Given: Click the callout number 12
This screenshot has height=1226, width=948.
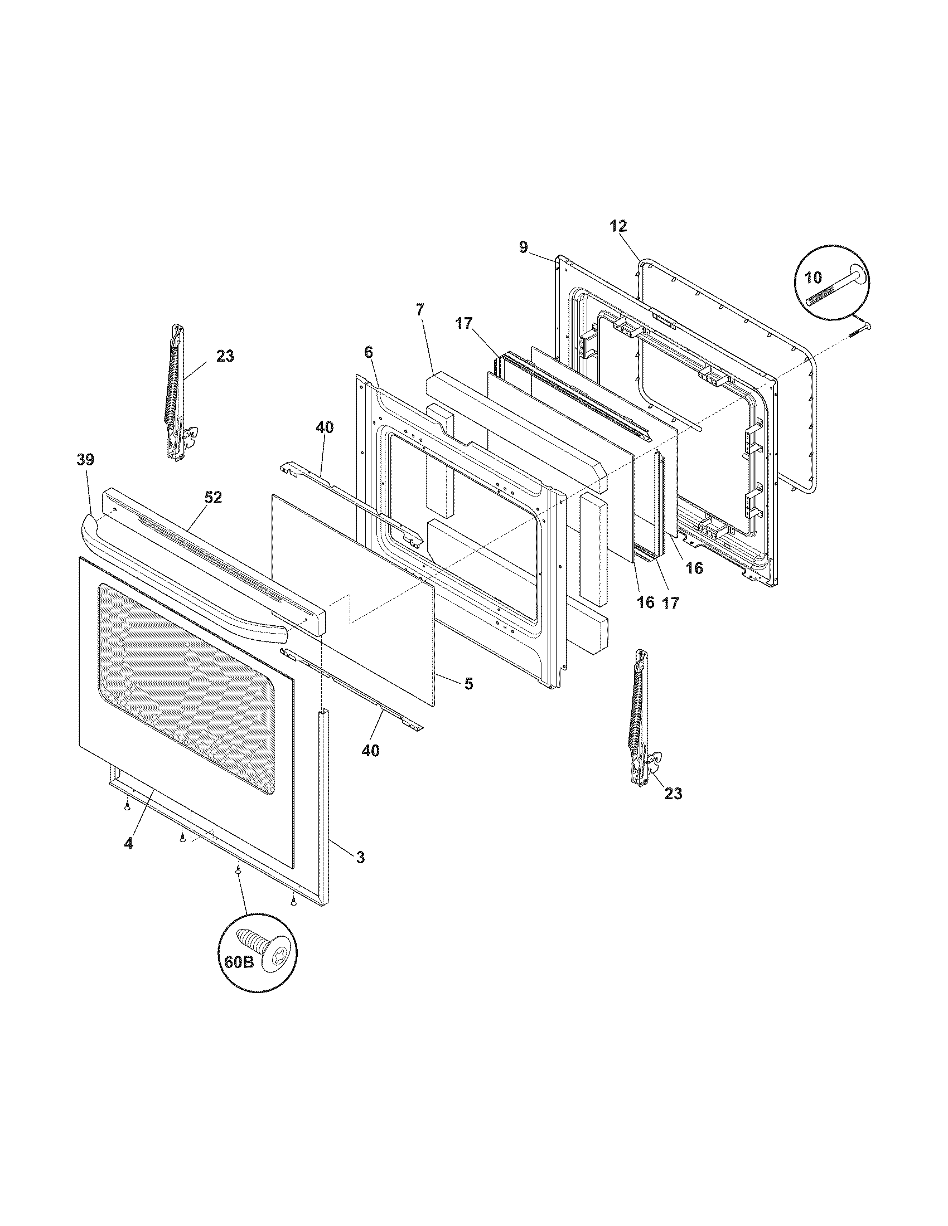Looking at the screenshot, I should click(x=618, y=226).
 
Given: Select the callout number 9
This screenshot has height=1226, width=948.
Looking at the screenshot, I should click(x=524, y=247).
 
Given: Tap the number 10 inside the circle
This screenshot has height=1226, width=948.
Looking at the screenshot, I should click(x=813, y=277).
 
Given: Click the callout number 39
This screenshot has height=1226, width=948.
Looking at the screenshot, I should click(x=85, y=460).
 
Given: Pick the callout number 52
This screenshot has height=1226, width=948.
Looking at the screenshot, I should click(x=213, y=497).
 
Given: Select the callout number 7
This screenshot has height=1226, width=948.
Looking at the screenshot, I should click(x=420, y=309).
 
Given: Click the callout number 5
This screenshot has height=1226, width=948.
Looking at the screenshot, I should click(x=468, y=683).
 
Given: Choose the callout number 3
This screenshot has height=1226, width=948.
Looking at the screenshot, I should click(x=360, y=873).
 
